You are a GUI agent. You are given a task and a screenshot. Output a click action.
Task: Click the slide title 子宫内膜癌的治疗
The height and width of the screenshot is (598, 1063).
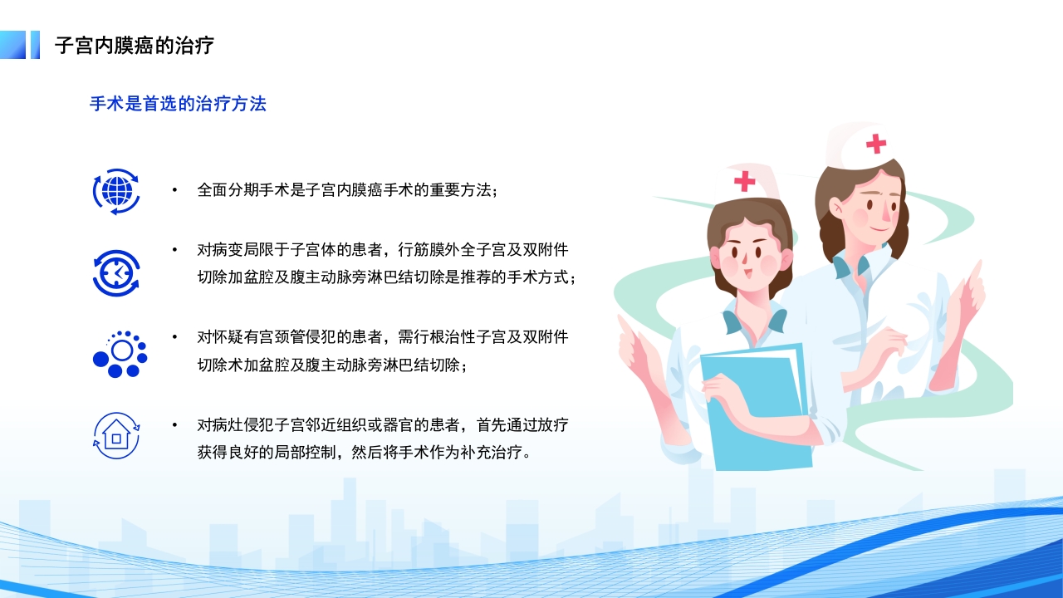pos(135,46)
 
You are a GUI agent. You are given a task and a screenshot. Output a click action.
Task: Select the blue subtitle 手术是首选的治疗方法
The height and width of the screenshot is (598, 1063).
pos(178,104)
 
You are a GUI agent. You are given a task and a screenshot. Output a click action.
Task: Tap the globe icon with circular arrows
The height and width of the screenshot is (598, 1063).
pos(116,191)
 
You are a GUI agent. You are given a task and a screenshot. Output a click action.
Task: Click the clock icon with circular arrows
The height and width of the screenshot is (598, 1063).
pos(116,273)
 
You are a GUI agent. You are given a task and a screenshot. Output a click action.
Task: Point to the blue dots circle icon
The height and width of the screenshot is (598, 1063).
pos(119,354)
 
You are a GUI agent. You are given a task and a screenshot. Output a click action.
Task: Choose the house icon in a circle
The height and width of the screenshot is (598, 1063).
pos(116,435)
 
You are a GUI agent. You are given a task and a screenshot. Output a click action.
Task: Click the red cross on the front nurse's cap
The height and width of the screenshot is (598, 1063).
pos(744,181)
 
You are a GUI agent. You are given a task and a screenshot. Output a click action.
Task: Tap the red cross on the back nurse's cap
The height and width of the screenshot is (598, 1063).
pos(875,144)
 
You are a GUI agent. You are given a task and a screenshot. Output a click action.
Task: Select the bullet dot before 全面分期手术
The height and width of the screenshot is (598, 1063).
pos(174,190)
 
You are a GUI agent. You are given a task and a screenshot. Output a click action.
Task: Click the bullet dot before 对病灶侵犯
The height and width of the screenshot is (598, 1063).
pos(174,425)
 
